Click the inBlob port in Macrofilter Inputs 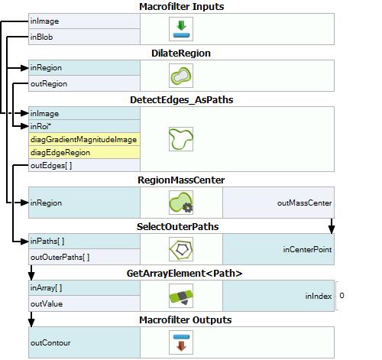(41, 37)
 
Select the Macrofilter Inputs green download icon (181, 29)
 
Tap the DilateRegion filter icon (181, 76)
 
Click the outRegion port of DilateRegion (49, 84)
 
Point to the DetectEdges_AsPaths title (181, 100)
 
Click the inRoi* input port (40, 126)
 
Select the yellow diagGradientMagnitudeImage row (84, 139)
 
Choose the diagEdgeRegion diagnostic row (84, 152)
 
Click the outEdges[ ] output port (51, 166)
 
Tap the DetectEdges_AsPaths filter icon (181, 139)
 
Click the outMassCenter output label (304, 203)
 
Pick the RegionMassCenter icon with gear (181, 203)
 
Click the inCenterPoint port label (307, 249)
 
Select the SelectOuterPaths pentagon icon (181, 249)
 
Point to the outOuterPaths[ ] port (60, 258)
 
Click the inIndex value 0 (342, 296)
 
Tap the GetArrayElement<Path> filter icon (181, 296)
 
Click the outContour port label (50, 343)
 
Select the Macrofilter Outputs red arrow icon (181, 342)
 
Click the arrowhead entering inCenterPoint (332, 229)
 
